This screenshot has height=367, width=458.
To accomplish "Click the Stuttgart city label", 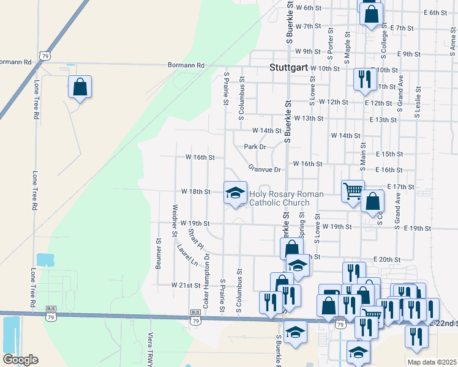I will [289, 68].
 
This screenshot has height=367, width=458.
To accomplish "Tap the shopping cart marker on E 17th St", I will [353, 191].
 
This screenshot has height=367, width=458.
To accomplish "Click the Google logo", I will [20, 360].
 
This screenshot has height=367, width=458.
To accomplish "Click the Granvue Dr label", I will [264, 169].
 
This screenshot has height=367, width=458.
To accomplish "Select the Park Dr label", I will [255, 147].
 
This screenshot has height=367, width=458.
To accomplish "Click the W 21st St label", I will [186, 285].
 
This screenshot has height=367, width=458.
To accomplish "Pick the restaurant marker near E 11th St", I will [363, 80].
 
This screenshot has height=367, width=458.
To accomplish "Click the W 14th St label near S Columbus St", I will [267, 130].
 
